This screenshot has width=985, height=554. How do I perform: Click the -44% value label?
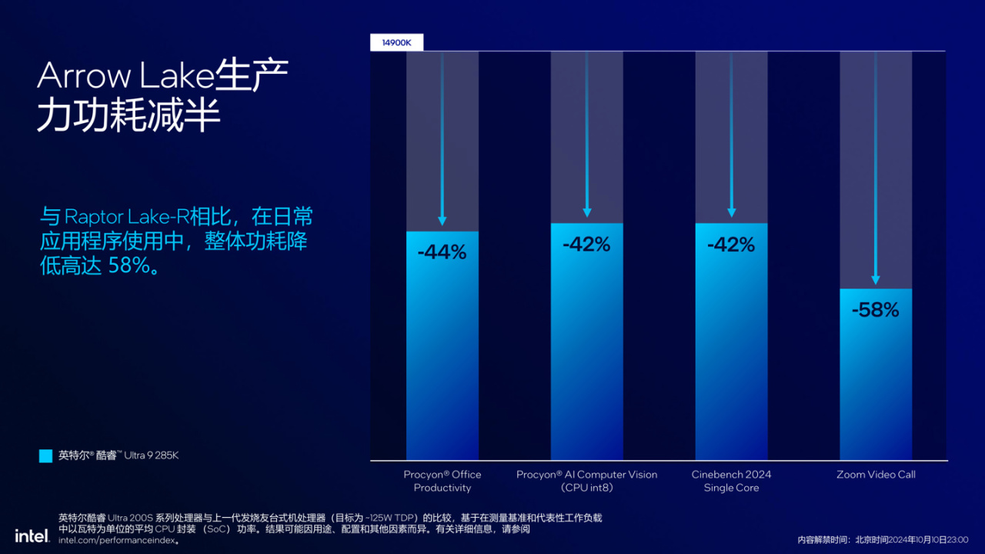pyautogui.click(x=442, y=252)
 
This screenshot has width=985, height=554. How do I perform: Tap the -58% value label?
pyautogui.click(x=875, y=310)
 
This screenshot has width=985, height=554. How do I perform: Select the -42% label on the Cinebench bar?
pyautogui.click(x=731, y=245)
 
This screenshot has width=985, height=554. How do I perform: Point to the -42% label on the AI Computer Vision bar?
pyautogui.click(x=586, y=245)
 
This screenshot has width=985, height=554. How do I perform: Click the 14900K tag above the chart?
pyautogui.click(x=397, y=43)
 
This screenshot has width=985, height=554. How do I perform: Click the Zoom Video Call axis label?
pyautogui.click(x=876, y=475)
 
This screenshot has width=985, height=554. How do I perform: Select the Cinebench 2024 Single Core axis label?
pyautogui.click(x=731, y=481)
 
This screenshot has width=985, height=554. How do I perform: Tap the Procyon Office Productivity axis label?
pyautogui.click(x=442, y=481)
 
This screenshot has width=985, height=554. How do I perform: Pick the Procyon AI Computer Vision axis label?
pyautogui.click(x=586, y=481)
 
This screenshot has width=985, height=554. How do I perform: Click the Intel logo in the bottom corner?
pyautogui.click(x=32, y=535)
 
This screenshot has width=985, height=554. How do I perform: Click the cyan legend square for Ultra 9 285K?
pyautogui.click(x=45, y=456)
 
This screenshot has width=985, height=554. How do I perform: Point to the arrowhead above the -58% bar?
pyautogui.click(x=875, y=280)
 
